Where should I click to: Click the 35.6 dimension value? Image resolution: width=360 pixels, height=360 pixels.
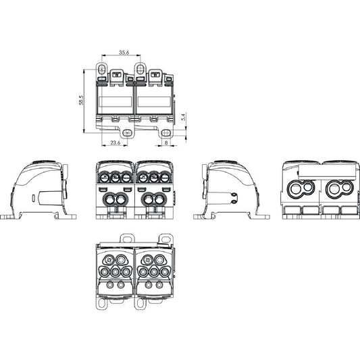pyautogui.click(x=124, y=53)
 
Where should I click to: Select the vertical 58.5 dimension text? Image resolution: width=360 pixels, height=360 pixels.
pyautogui.click(x=81, y=100)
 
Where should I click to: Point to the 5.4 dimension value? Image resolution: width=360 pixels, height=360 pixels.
pyautogui.click(x=184, y=117)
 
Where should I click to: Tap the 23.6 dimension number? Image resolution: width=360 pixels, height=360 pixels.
pyautogui.click(x=115, y=143)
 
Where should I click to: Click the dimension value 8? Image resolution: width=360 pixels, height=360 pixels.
pyautogui.click(x=166, y=143)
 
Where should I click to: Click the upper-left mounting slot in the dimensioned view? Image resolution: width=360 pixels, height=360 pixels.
pyautogui.click(x=102, y=68)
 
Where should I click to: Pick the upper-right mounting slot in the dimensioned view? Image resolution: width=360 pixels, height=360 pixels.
pyautogui.click(x=140, y=68)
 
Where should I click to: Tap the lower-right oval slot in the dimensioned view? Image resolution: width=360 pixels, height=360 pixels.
pyautogui.click(x=165, y=132)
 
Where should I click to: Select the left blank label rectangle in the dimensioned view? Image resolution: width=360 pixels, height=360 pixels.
pyautogui.click(x=115, y=101)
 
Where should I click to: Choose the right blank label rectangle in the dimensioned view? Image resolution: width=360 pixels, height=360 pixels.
pyautogui.click(x=154, y=101)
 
